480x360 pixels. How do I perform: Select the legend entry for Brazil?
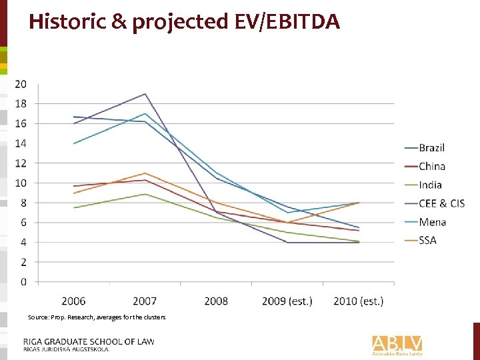(x=431, y=147)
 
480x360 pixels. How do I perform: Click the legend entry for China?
(x=431, y=166)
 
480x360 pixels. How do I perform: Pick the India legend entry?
(x=430, y=185)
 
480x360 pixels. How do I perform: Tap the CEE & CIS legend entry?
(x=441, y=203)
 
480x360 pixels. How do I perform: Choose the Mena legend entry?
(x=432, y=222)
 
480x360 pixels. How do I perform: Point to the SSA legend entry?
(x=427, y=240)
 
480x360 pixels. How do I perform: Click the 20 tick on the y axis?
(x=21, y=84)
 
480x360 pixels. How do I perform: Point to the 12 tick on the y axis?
(x=21, y=163)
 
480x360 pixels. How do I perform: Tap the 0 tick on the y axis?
(x=23, y=282)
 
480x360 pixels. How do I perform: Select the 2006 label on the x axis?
(x=73, y=301)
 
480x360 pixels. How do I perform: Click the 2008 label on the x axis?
(x=216, y=301)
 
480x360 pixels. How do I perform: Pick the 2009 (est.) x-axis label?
(x=287, y=301)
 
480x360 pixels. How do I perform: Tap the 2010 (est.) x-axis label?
(x=358, y=301)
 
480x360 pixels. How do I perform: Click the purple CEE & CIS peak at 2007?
(x=145, y=94)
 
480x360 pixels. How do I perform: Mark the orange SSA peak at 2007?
(x=145, y=173)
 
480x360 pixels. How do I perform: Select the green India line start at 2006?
(x=74, y=207)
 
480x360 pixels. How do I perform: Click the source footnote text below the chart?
(x=97, y=317)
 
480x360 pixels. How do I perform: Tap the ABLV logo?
(x=397, y=344)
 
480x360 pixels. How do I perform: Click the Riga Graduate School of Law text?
(x=89, y=342)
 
